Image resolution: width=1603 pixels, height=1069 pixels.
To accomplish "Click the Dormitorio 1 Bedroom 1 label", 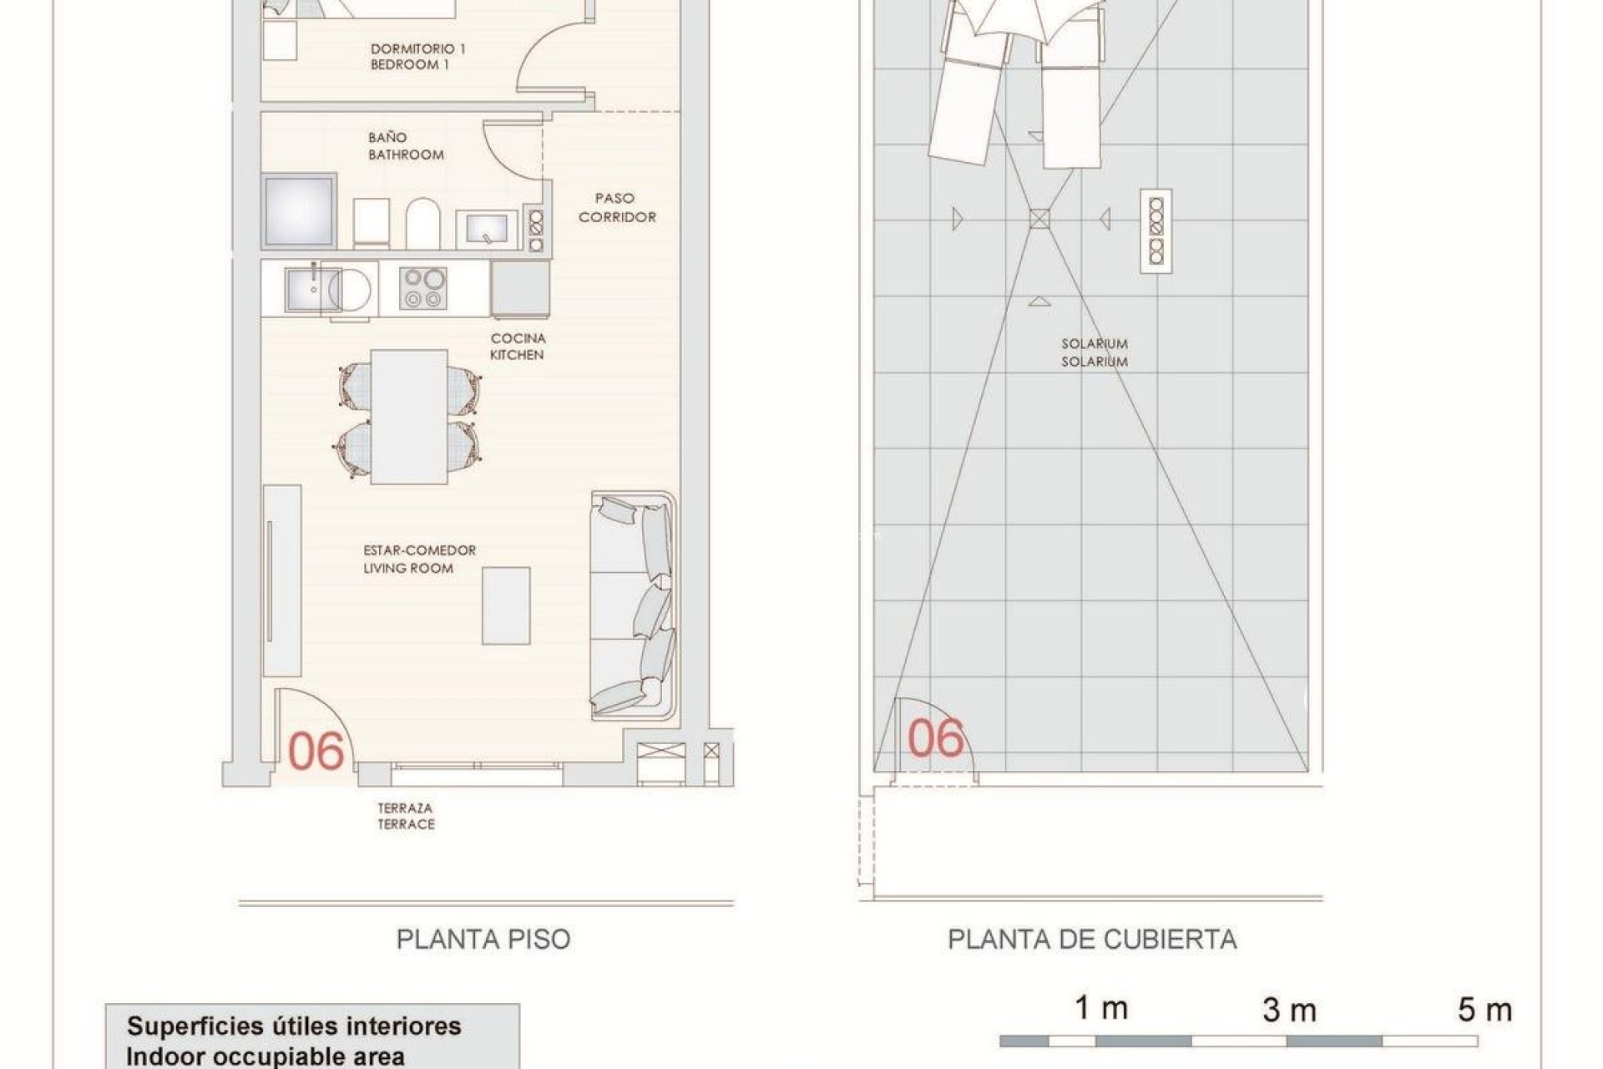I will [417, 56].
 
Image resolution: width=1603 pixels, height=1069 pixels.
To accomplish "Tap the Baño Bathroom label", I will [406, 146].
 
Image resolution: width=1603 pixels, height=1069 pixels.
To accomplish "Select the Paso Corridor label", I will [616, 207].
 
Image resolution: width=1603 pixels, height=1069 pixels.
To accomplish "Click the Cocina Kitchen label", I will [517, 347].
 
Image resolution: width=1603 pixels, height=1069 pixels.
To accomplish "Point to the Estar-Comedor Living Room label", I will [419, 559].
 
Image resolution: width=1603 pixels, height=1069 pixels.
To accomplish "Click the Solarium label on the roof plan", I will [1094, 352].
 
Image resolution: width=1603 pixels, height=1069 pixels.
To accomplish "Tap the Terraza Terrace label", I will [406, 816].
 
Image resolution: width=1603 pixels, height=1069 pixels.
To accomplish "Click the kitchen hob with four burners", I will [422, 288].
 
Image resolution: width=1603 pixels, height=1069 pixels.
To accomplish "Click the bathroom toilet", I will [423, 223].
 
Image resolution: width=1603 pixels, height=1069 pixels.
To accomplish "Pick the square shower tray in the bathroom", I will [299, 211].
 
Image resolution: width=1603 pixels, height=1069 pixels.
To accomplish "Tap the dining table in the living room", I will [409, 416].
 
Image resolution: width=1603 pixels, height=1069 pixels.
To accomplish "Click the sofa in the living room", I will [632, 605].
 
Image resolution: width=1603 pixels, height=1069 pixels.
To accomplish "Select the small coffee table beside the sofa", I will [506, 605].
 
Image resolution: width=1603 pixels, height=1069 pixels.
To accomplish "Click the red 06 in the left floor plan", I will [316, 751].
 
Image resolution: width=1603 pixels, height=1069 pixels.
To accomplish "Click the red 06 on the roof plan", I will [935, 738].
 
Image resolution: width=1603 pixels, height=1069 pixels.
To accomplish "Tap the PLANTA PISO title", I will [483, 940].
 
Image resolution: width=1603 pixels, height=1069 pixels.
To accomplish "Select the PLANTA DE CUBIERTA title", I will [1091, 940].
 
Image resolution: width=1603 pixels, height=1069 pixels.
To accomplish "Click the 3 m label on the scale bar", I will [1289, 1011].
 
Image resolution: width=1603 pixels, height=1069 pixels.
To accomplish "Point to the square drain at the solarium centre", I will [1039, 219].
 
